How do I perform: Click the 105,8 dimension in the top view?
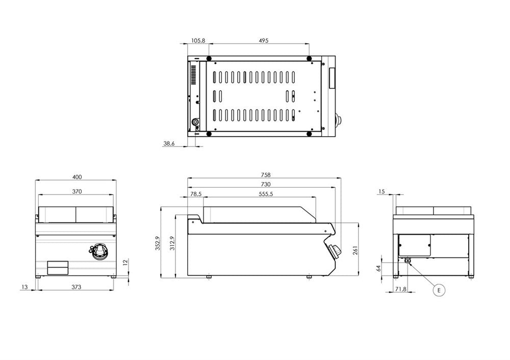point(198,40)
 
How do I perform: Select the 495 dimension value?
point(263,40)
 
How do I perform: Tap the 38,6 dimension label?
point(169,144)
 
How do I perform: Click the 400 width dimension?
point(76,177)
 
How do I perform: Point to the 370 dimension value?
point(76,192)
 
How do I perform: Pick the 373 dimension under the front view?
point(76,287)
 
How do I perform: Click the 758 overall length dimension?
point(265,174)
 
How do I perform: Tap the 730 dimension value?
point(265,184)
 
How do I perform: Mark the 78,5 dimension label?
point(196,194)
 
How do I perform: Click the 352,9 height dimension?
point(158,243)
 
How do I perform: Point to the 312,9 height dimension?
point(172,243)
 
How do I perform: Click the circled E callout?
point(438,290)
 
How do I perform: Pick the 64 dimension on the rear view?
point(379,268)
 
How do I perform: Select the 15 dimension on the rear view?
point(382,192)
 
